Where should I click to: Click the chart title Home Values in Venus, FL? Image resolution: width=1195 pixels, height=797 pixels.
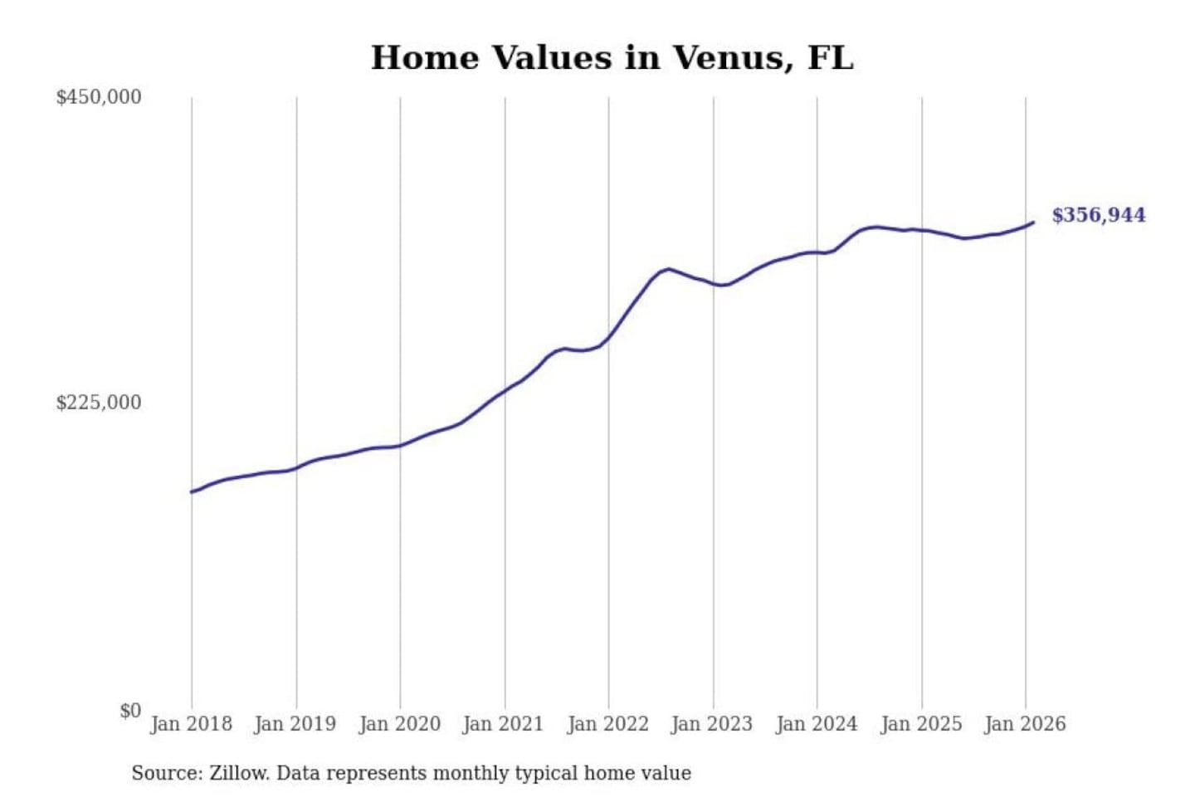612,58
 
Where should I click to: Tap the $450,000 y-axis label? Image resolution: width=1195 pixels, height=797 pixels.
99,97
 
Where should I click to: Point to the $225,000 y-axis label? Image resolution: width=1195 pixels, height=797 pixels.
99,403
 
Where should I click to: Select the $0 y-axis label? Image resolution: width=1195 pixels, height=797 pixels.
130,711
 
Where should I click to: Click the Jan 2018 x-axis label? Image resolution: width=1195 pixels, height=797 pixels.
191,724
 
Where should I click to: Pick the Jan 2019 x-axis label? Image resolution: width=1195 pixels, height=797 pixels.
295,724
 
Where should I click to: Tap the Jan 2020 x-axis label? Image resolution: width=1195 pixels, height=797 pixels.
399,724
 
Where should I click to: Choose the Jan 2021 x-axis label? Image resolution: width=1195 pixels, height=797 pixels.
503,724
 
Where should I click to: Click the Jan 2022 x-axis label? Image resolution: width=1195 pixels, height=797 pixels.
607,724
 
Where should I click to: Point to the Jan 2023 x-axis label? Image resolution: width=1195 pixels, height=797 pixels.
711,724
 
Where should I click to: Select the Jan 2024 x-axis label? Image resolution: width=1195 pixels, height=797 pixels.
816,724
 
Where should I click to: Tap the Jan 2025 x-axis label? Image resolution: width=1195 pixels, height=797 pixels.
920,724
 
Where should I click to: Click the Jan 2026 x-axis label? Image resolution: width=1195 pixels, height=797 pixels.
1024,724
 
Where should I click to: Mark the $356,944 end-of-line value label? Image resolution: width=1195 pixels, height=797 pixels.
1099,215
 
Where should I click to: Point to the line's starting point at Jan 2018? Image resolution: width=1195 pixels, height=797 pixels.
192,492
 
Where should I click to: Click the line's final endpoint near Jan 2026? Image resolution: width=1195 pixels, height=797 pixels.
1033,222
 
